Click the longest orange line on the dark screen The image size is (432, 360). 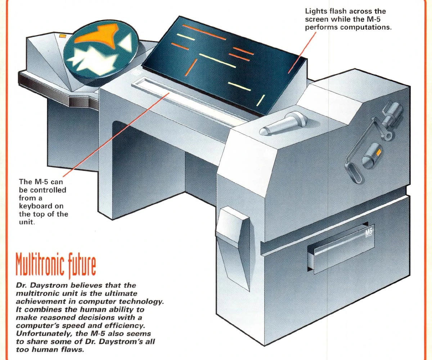coord(204,32)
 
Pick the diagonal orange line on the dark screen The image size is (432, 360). coord(190,68)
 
